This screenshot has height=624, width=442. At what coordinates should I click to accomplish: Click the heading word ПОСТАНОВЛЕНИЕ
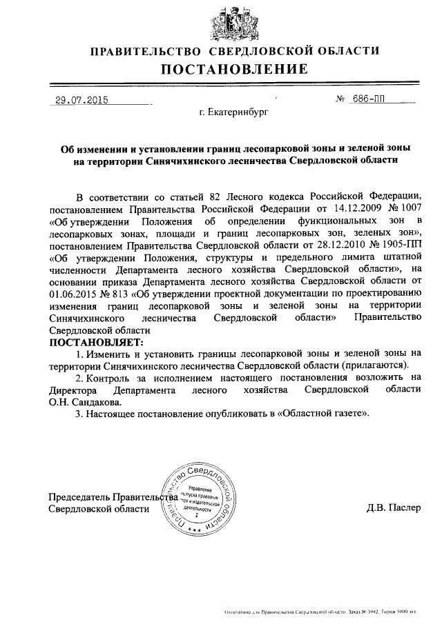(235, 69)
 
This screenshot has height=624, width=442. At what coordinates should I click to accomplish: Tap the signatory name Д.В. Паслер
(392, 509)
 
